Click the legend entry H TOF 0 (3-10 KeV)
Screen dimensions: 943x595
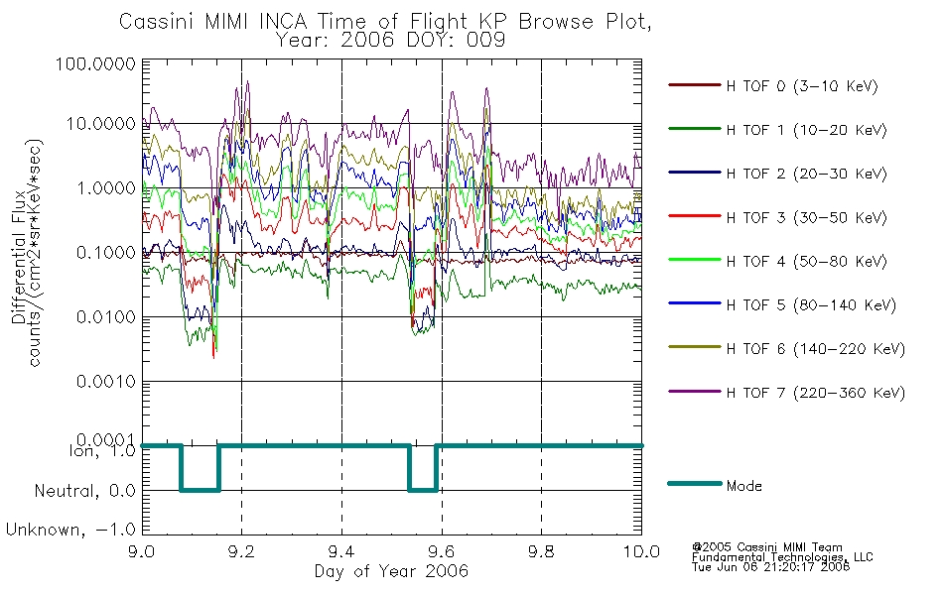tap(802, 86)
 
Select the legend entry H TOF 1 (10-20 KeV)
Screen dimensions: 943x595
tap(806, 130)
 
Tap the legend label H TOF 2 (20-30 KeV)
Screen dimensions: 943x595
tap(806, 174)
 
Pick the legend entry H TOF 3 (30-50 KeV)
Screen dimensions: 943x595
tap(806, 217)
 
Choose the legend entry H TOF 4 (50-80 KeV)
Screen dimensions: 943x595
tap(806, 262)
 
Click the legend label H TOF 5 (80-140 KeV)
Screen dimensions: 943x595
tap(811, 305)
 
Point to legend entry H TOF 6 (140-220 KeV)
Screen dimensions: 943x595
tap(816, 349)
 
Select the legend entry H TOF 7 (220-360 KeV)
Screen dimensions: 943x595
tap(816, 393)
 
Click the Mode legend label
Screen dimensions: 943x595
tap(743, 486)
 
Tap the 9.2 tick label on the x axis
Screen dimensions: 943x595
tap(242, 551)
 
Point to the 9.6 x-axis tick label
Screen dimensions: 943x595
tap(442, 551)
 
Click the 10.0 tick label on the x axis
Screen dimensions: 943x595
tap(641, 551)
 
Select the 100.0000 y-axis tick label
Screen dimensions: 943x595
tap(96, 63)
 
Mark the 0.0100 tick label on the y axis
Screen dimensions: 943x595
tap(106, 317)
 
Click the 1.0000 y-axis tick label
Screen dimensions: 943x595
tap(106, 188)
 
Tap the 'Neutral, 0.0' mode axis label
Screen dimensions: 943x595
tap(84, 492)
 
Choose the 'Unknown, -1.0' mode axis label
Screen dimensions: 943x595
tap(70, 531)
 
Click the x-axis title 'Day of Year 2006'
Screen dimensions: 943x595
tap(391, 571)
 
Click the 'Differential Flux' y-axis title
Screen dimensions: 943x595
tap(19, 257)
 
